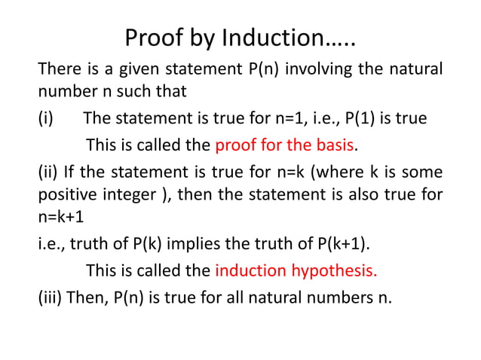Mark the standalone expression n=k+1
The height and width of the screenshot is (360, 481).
point(62,217)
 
